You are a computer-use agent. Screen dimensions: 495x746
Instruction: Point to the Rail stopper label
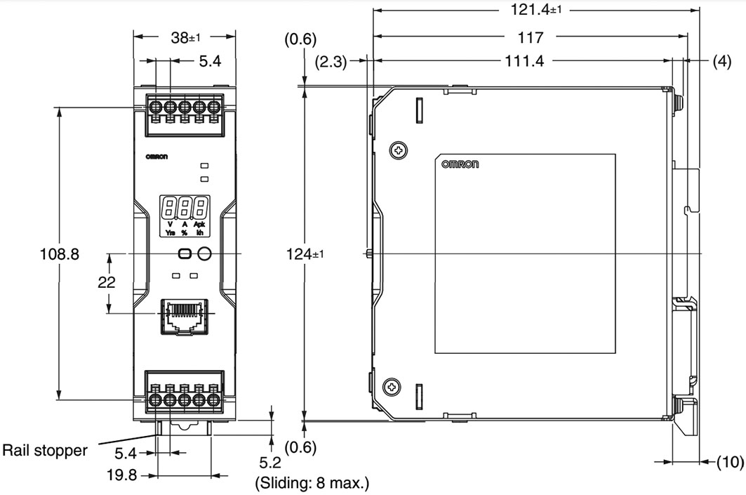pyautogui.click(x=46, y=450)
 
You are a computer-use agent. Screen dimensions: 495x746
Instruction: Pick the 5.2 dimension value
pyautogui.click(x=271, y=463)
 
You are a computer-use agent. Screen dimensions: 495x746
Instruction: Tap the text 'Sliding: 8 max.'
pyautogui.click(x=309, y=483)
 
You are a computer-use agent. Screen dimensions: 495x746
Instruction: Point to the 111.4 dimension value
pyautogui.click(x=524, y=62)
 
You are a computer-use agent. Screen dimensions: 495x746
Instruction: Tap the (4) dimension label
pyautogui.click(x=721, y=61)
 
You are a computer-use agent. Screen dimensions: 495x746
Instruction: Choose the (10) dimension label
pyautogui.click(x=729, y=461)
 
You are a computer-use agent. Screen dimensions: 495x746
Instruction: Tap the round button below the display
pyautogui.click(x=204, y=254)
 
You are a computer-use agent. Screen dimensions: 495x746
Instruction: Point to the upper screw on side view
pyautogui.click(x=398, y=149)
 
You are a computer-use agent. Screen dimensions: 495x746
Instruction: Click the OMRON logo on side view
pyautogui.click(x=460, y=164)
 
